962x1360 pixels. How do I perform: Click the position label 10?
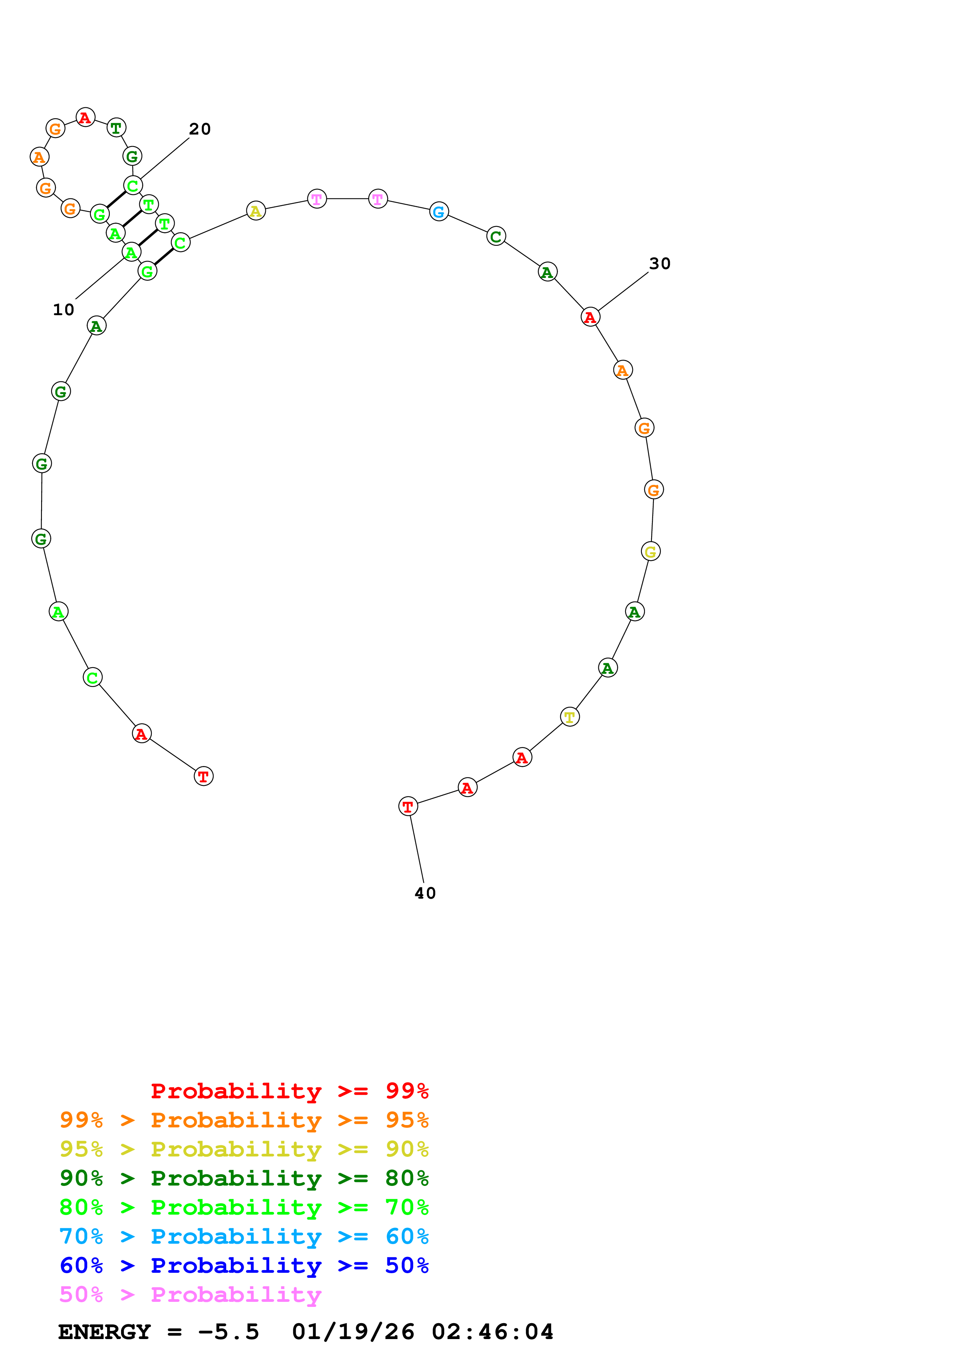pos(63,310)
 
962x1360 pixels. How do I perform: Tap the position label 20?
pos(200,129)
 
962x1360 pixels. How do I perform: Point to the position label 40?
pos(425,893)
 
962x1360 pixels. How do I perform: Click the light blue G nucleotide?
pos(439,211)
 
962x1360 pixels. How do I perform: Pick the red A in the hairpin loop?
pos(85,117)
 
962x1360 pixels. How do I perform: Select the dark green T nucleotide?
pos(116,127)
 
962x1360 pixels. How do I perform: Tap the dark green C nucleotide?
pos(496,236)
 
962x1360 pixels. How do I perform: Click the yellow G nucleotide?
pos(650,551)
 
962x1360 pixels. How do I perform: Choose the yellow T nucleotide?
pos(570,717)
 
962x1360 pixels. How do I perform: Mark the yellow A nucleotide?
pos(255,211)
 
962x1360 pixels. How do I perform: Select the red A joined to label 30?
pos(590,317)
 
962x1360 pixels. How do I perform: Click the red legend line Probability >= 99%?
pos(289,1091)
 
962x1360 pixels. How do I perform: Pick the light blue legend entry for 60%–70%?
pos(244,1236)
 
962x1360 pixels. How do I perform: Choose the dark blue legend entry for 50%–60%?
pos(244,1265)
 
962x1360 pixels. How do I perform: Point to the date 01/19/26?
pos(353,1332)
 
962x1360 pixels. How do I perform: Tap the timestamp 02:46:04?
pos(492,1332)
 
